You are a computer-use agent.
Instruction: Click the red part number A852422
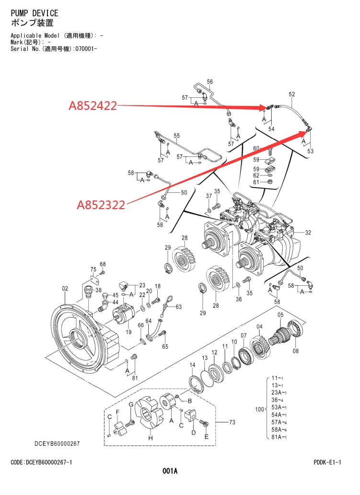tap(93, 106)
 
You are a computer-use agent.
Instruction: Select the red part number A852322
tap(101, 205)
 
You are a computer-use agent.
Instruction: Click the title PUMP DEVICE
tap(35, 13)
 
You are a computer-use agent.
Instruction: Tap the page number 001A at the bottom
tap(170, 471)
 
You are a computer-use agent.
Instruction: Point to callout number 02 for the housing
tap(65, 288)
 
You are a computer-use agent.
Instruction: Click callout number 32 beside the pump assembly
tap(308, 233)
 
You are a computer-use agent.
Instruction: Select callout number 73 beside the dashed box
tap(232, 422)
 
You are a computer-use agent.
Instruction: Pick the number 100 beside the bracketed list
tap(260, 410)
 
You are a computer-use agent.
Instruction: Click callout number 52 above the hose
tap(292, 94)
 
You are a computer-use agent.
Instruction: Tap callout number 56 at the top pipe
tap(210, 82)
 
